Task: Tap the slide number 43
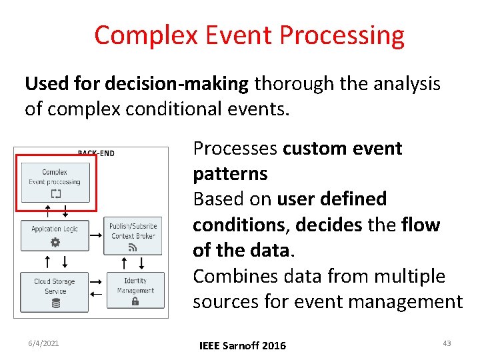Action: (447, 343)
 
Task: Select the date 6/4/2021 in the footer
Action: (43, 343)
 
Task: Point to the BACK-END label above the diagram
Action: (96, 153)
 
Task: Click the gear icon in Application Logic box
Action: (55, 243)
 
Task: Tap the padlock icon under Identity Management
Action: (135, 301)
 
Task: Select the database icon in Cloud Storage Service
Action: (55, 303)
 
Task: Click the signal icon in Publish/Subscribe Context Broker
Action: (133, 248)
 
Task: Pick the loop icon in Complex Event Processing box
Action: (55, 194)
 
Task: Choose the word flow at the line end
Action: (421, 225)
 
